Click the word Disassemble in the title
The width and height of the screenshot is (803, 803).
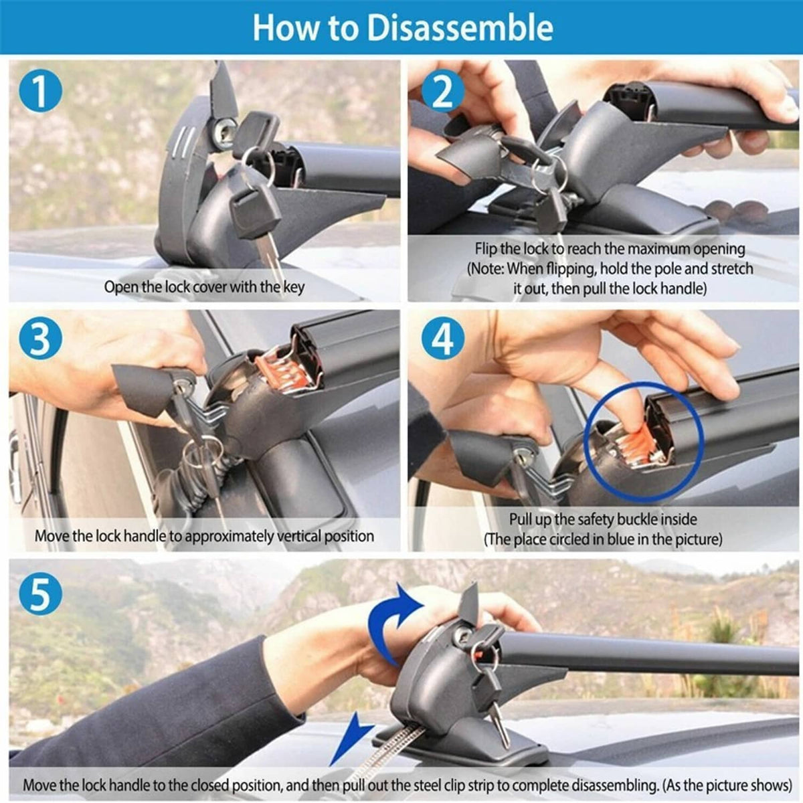pyautogui.click(x=460, y=27)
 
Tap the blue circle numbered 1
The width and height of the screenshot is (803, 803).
pyautogui.click(x=40, y=91)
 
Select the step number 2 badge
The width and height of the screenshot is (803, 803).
pyautogui.click(x=443, y=91)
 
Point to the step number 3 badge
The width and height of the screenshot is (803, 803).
pyautogui.click(x=40, y=339)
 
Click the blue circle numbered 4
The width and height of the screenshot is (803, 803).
pyautogui.click(x=443, y=339)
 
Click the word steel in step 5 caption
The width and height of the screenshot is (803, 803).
pyautogui.click(x=429, y=786)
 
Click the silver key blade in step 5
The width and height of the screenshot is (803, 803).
pyautogui.click(x=501, y=725)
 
